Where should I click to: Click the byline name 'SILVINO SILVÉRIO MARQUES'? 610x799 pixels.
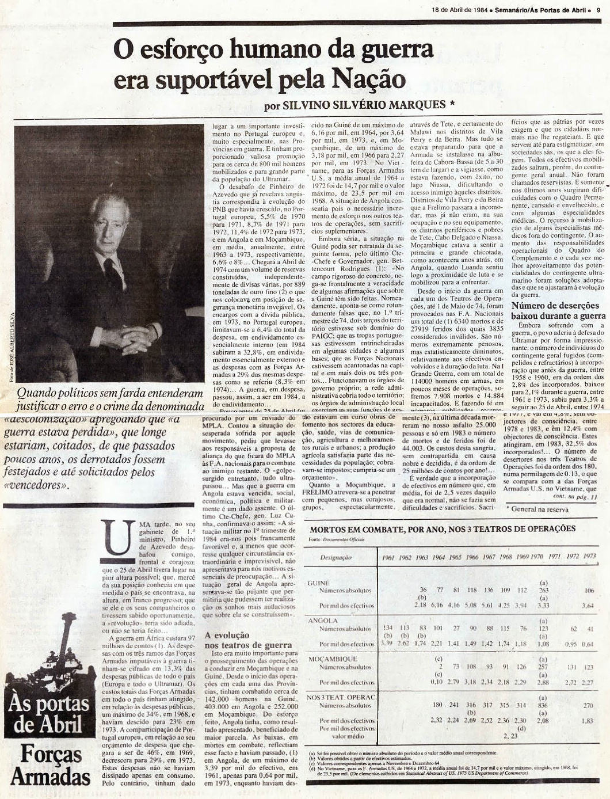[x=357, y=105]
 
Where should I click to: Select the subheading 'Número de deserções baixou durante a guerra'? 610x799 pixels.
[x=558, y=311]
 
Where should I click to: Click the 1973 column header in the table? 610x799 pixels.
[x=589, y=557]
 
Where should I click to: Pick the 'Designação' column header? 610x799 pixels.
[x=337, y=558]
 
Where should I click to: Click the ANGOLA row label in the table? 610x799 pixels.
[x=323, y=621]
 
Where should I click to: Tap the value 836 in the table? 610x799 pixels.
[x=543, y=705]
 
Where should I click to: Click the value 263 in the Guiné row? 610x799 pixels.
[x=543, y=590]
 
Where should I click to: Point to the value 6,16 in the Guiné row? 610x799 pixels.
[x=440, y=605]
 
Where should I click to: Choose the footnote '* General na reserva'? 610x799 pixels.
[x=537, y=509]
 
